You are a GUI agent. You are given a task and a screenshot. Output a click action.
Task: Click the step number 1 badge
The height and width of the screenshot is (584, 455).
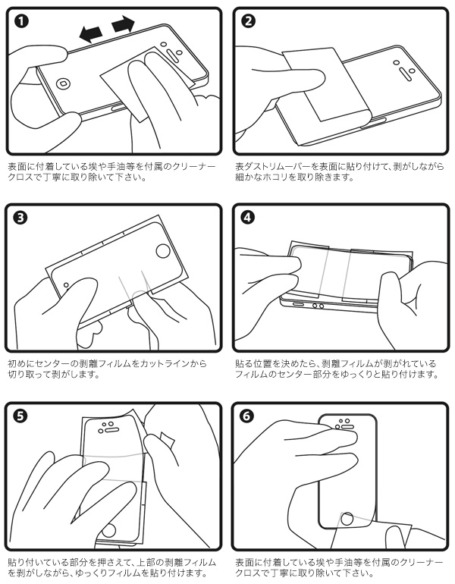(x=22, y=21)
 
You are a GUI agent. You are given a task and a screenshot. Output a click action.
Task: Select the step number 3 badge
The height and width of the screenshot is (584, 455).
(x=22, y=218)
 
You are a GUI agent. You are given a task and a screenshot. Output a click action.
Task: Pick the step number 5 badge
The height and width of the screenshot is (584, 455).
(x=22, y=415)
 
